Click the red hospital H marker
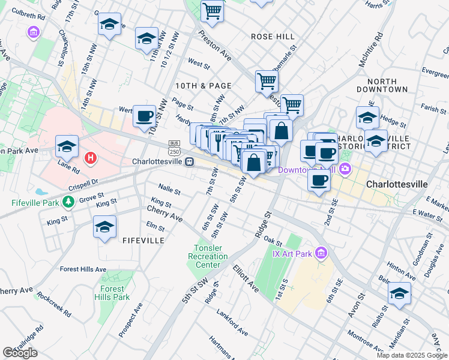pos(90,158)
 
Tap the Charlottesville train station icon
pos(189,162)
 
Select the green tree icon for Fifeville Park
pos(70,202)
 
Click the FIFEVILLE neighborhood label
pos(143,240)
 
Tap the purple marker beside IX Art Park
pos(322,253)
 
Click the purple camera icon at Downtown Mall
pos(345,170)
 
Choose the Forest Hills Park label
pos(112,293)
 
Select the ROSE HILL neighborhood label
pos(273,37)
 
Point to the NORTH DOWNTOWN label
pos(387,85)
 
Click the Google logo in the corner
pos(20,353)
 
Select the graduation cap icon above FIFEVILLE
pos(105,227)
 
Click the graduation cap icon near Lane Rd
pos(67,146)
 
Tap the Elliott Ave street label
pos(246,279)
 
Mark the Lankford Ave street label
pos(233,328)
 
